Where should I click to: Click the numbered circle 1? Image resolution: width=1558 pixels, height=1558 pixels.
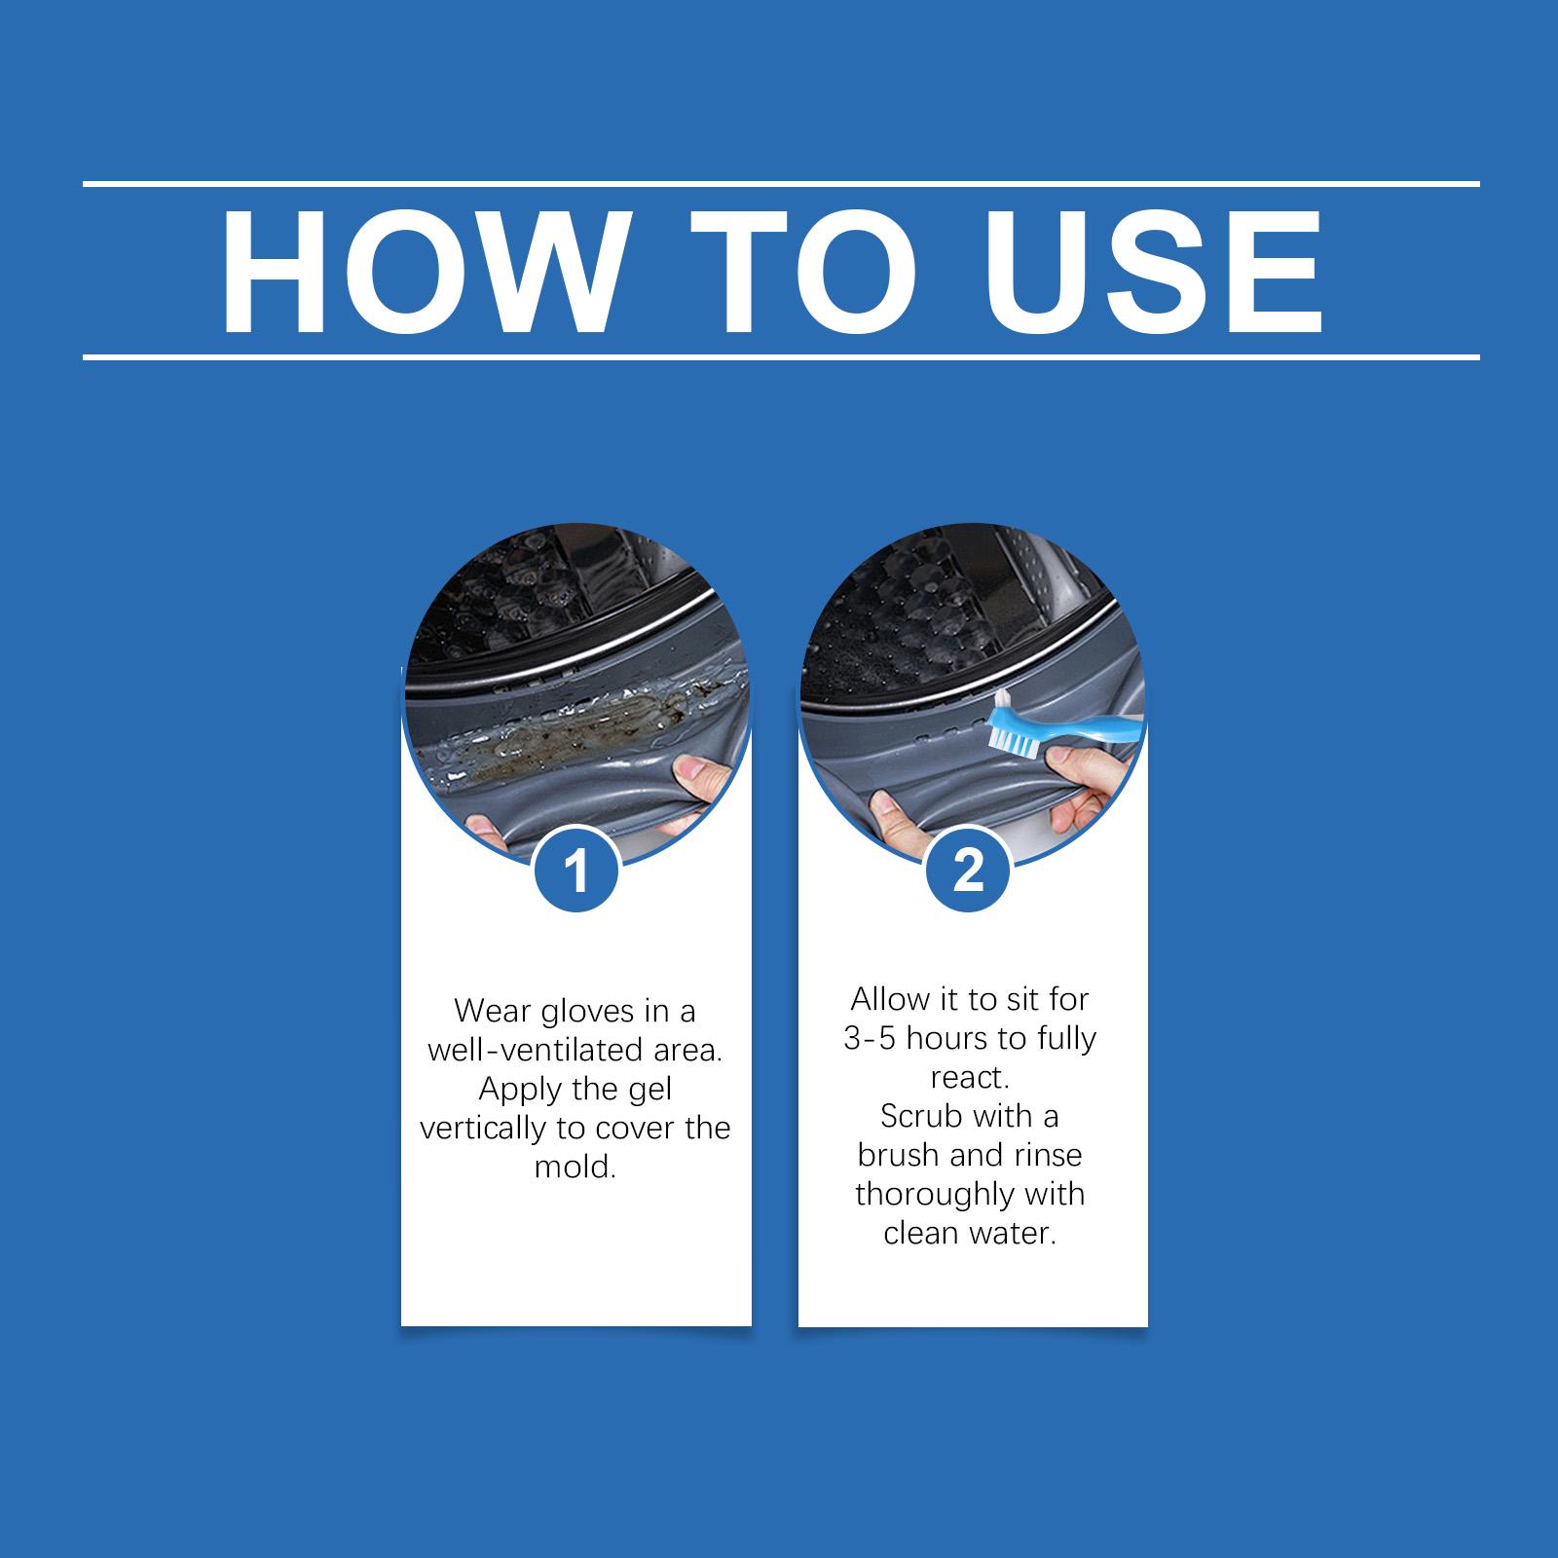tap(576, 871)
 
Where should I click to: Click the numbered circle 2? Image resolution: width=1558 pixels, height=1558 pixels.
tap(968, 871)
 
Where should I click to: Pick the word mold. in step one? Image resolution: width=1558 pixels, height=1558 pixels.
tap(575, 1167)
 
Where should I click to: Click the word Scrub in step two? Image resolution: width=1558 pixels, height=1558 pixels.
tap(921, 1116)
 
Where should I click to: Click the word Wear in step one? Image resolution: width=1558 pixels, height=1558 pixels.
tap(491, 1012)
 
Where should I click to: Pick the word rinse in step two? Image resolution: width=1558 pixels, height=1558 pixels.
tap(1047, 1156)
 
